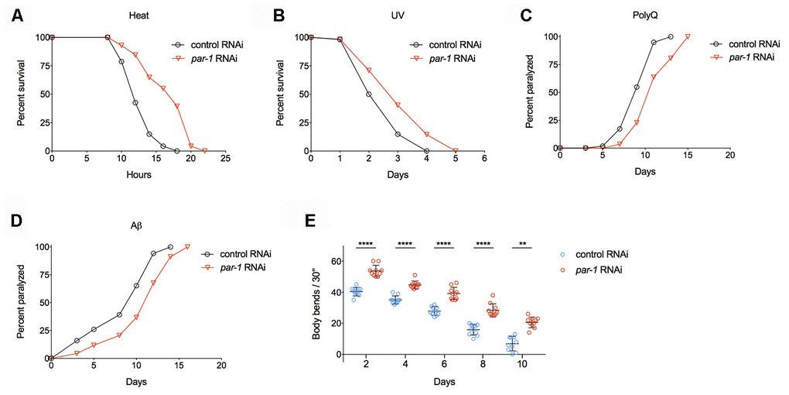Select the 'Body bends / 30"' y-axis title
point(317,307)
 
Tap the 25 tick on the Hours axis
point(225,160)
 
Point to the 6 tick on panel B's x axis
point(484,160)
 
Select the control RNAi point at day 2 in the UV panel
point(368,94)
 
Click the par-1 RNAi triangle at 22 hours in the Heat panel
point(204,150)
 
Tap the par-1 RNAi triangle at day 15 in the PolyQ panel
point(687,36)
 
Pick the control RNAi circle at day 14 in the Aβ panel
point(170,247)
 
